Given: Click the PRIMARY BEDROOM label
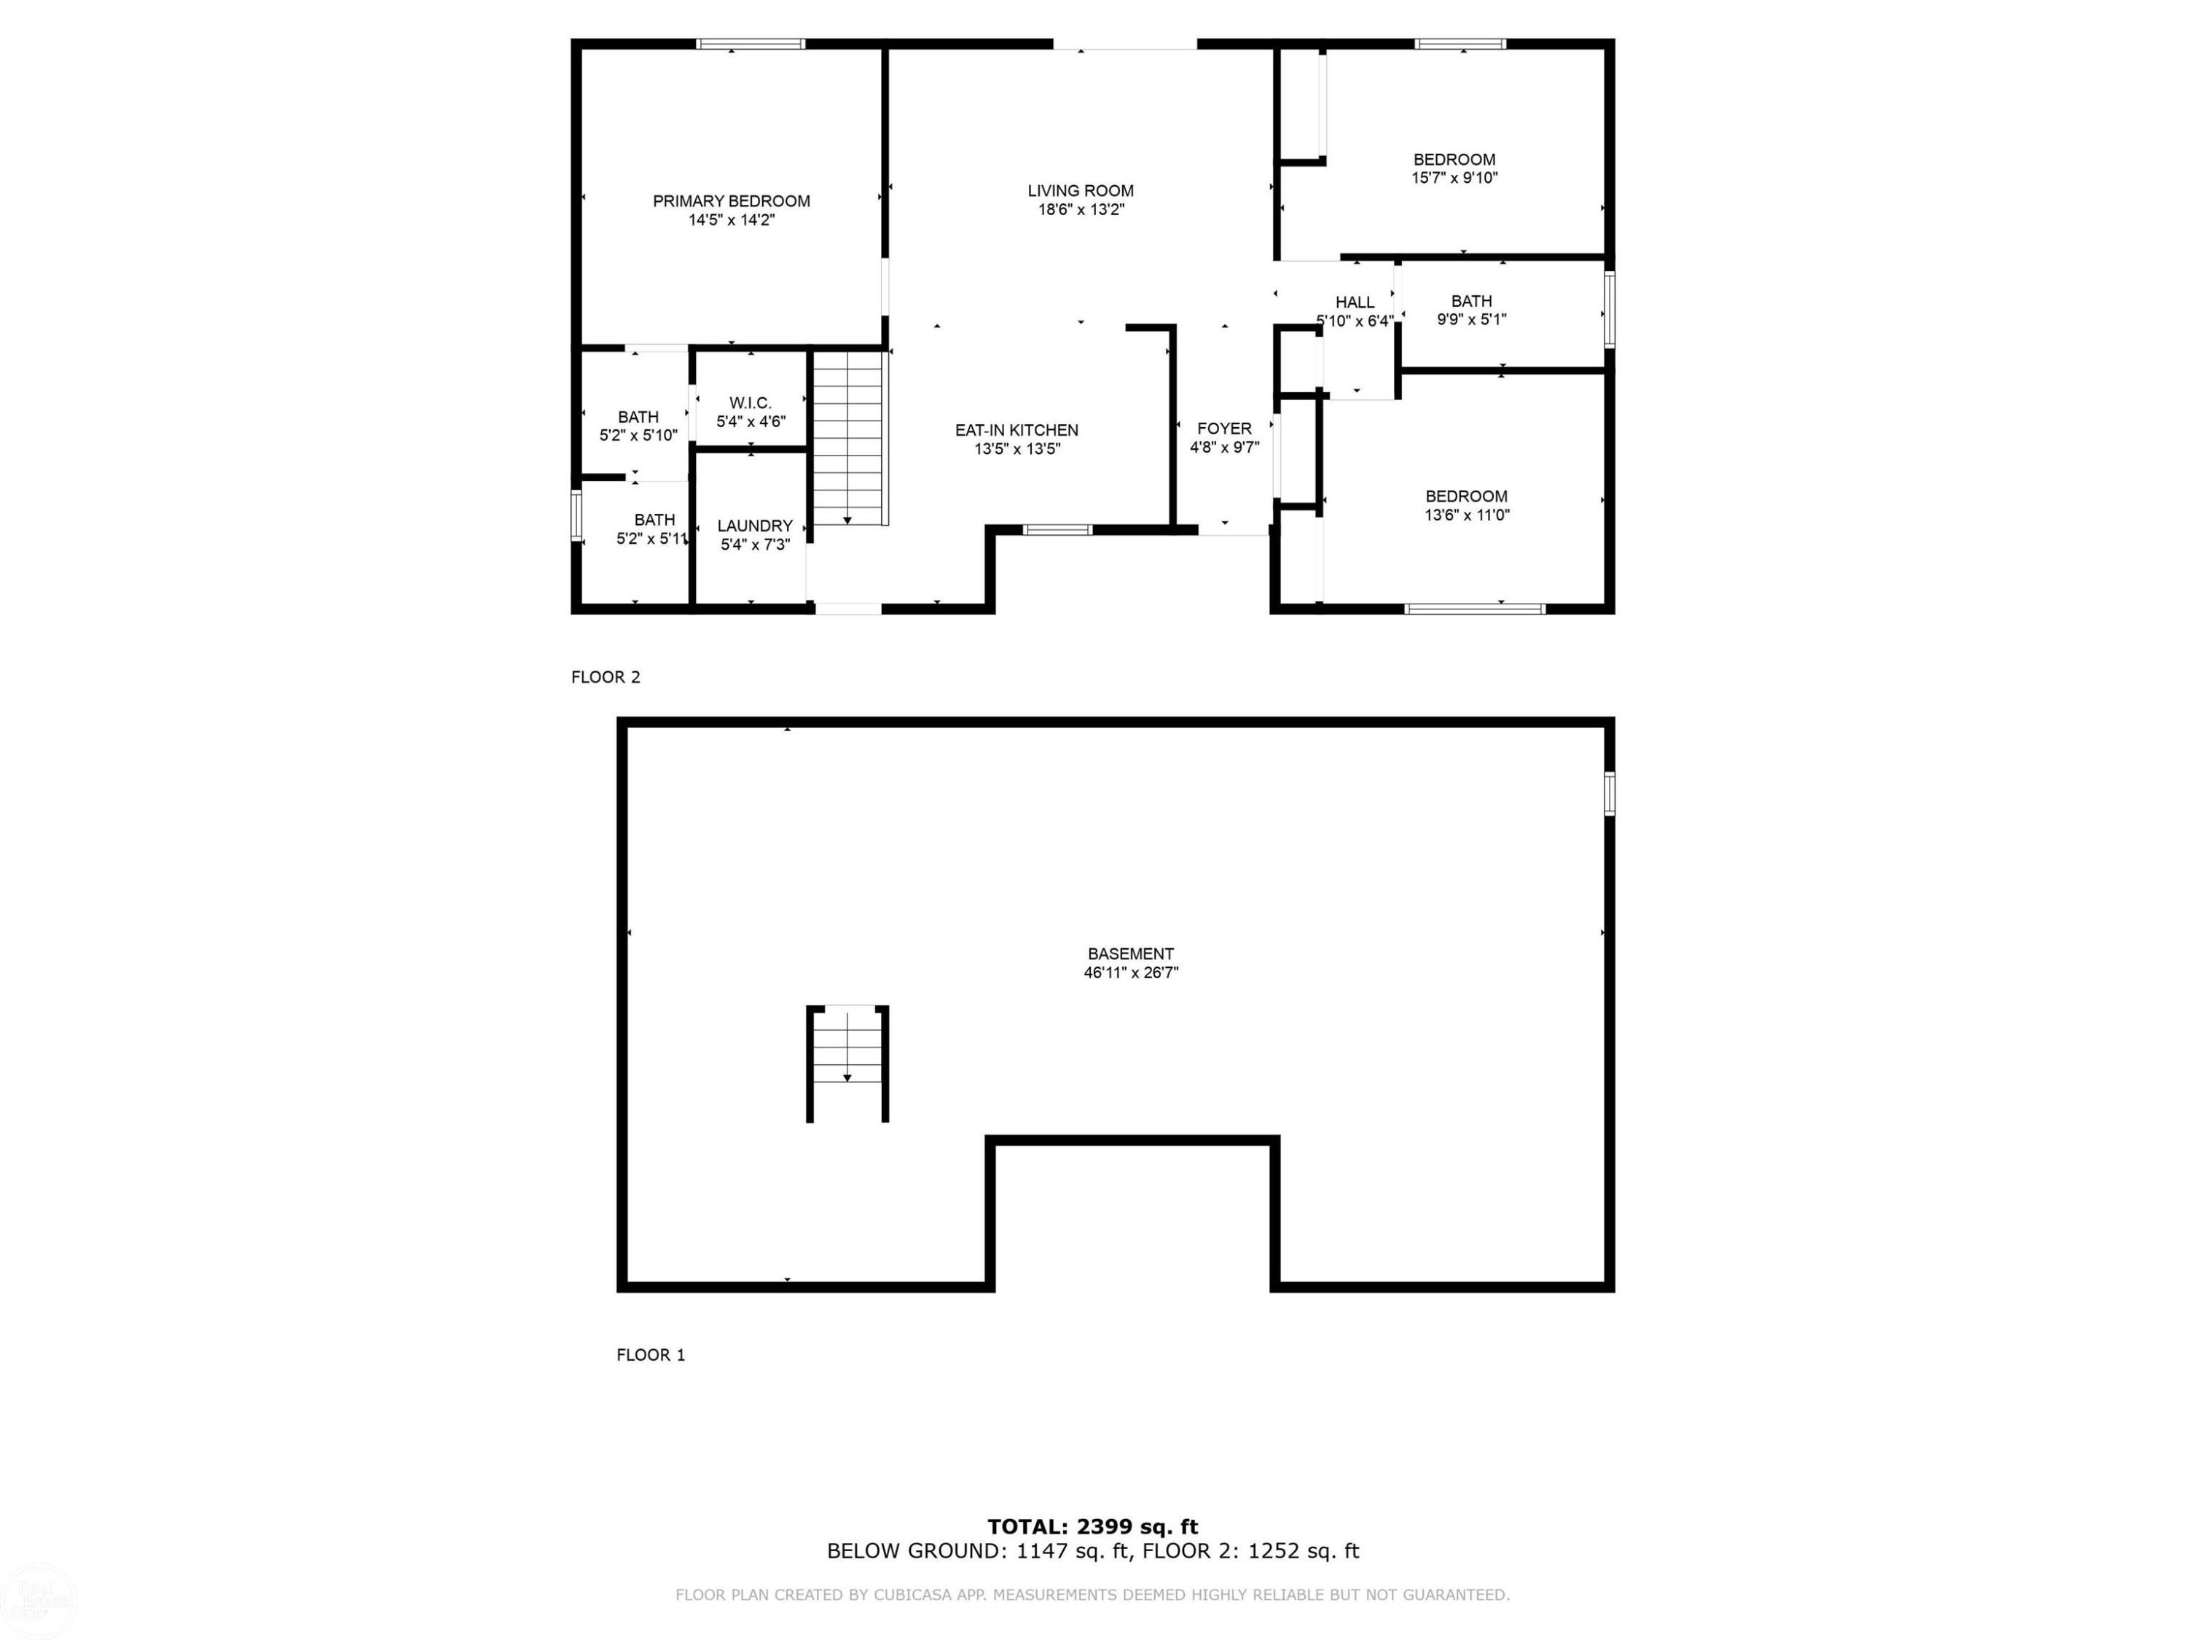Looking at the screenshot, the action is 732,200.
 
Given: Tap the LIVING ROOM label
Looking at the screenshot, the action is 1080,191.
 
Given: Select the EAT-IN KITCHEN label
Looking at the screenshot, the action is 1016,430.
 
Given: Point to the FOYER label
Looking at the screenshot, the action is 1224,428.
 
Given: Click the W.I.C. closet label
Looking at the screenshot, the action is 750,403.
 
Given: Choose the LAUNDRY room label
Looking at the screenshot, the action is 755,526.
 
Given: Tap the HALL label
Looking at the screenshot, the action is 1355,302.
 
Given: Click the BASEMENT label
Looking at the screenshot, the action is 1131,954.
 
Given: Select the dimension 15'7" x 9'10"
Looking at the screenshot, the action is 1454,178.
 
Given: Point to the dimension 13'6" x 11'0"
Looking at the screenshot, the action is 1467,515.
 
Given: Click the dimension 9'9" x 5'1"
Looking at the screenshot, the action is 1471,319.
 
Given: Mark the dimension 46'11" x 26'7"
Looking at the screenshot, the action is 1131,973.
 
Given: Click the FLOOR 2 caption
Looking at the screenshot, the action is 606,677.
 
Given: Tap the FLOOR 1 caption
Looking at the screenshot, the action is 650,1354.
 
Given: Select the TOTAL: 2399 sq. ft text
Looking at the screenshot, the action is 1093,1526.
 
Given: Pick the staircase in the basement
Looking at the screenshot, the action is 847,1063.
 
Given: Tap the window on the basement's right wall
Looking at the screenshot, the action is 1609,794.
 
